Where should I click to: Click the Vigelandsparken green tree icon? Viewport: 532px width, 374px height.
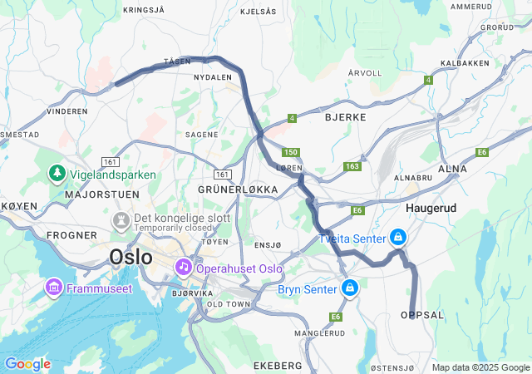click(57, 175)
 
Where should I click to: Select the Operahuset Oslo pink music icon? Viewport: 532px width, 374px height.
click(182, 268)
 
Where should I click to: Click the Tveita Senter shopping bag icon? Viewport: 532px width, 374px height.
click(398, 238)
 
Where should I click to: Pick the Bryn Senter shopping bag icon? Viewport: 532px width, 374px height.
click(350, 288)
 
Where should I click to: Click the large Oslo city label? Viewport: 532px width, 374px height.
click(131, 257)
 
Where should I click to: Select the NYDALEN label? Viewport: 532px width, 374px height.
click(212, 77)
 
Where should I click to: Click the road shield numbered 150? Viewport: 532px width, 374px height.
click(290, 152)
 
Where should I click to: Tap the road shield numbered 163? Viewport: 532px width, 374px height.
click(352, 167)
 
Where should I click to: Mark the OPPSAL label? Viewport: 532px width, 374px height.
click(422, 315)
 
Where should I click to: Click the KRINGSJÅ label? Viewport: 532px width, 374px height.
click(145, 10)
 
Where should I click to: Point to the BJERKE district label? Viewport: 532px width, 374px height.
click(345, 117)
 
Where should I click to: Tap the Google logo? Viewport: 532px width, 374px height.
click(27, 364)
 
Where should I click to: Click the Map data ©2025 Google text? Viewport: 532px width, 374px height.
click(480, 367)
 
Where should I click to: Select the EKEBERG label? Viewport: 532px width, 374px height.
click(278, 366)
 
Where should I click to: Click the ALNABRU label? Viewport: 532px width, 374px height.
click(414, 177)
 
